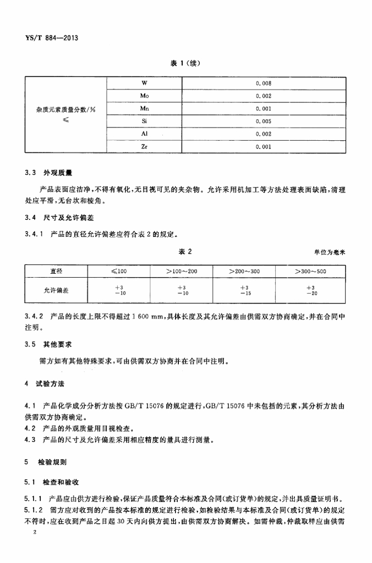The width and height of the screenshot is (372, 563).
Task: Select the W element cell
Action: coord(144,84)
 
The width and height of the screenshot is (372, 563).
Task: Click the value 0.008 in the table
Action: coord(264,84)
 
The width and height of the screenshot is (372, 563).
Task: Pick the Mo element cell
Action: coord(144,96)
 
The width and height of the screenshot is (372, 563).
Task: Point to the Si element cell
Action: coord(144,122)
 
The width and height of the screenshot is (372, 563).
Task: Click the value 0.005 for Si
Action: coord(264,122)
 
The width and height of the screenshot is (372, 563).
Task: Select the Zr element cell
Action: coord(144,147)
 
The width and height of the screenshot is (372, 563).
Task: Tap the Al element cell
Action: coord(144,134)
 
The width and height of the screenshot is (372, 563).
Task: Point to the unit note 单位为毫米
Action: coord(330,252)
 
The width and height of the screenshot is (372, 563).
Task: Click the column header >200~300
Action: coord(244,271)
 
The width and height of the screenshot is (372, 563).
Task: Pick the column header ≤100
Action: coord(119,271)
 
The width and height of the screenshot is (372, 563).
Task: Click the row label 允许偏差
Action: coord(57,290)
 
